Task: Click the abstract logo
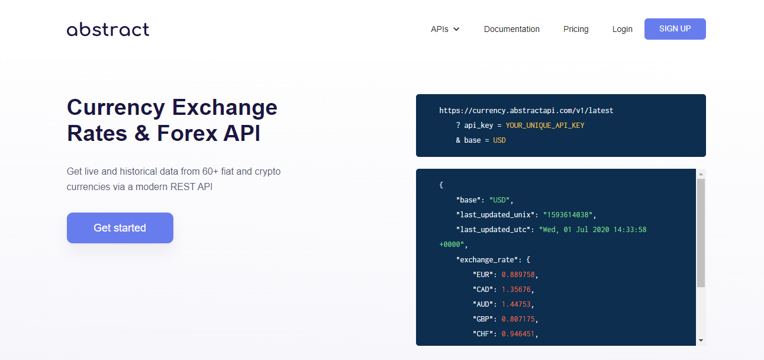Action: point(108,30)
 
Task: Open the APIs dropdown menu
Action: point(445,30)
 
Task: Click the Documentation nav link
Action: point(512,30)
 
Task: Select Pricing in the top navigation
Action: point(576,30)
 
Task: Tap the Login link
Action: point(622,30)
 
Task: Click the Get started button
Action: point(120,228)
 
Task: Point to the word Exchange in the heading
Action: point(225,108)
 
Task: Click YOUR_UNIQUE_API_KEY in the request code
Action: point(544,126)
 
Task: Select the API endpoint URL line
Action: point(526,111)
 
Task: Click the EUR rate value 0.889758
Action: point(518,275)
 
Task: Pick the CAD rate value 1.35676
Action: point(516,290)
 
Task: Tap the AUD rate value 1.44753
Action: point(516,304)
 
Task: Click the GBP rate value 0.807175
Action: point(518,319)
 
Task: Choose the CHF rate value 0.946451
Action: point(518,334)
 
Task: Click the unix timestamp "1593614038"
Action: point(568,215)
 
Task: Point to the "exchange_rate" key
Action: point(487,260)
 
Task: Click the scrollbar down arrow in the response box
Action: point(701,340)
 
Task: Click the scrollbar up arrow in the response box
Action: point(701,174)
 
